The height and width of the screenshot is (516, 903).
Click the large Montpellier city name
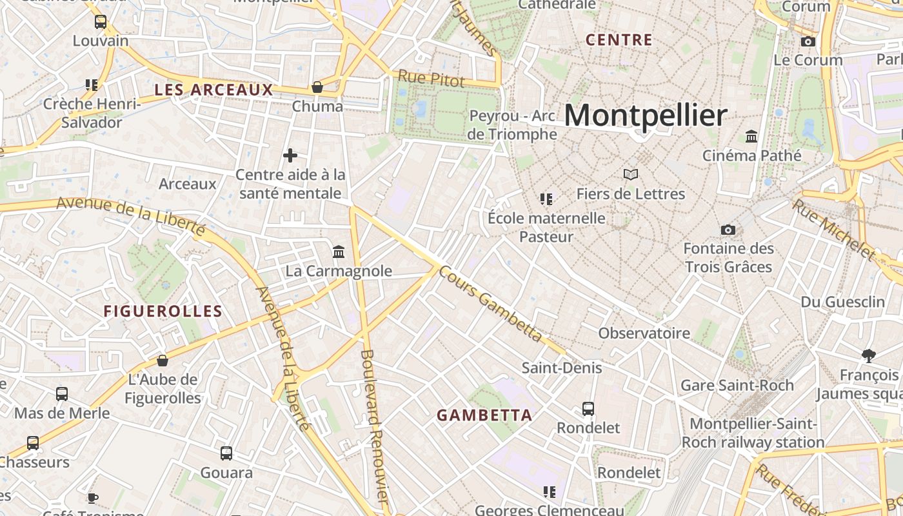[x=646, y=116]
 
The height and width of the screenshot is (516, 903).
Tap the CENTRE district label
[x=619, y=40]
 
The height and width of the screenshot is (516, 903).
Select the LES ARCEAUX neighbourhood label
[x=214, y=90]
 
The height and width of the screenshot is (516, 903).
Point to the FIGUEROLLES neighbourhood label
[x=163, y=312]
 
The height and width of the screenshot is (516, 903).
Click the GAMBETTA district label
[x=484, y=415]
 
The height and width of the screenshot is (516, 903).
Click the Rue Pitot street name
[x=431, y=79]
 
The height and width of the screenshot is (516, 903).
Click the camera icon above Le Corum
[x=808, y=42]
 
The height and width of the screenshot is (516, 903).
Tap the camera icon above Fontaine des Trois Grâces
[x=728, y=230]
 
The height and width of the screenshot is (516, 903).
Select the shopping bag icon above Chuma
[x=317, y=87]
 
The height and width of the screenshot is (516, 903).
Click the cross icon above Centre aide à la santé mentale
[x=290, y=155]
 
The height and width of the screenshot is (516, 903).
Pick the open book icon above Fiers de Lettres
[x=630, y=175]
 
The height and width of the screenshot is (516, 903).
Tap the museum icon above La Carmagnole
[x=339, y=252]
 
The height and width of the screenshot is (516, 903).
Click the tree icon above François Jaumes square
[x=869, y=355]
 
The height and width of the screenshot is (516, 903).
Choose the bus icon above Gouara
[x=226, y=453]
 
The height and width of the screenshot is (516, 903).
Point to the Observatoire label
[x=644, y=333]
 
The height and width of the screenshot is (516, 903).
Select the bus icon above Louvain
[x=101, y=22]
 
